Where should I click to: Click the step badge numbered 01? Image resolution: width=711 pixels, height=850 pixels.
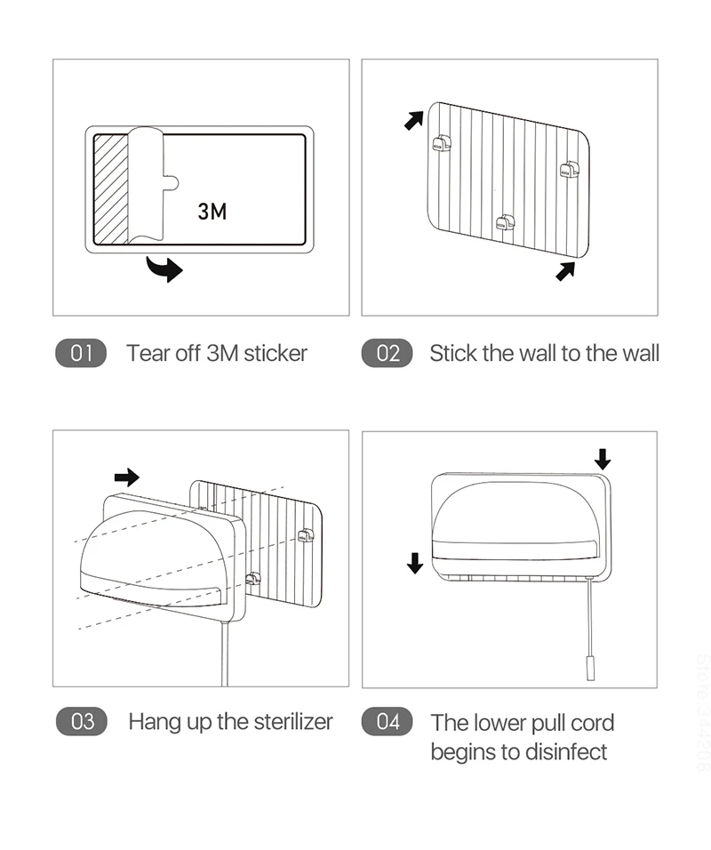pyautogui.click(x=81, y=353)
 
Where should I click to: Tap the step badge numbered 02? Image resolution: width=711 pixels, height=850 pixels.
pyautogui.click(x=387, y=353)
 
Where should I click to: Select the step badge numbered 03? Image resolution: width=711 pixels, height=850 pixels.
pyautogui.click(x=81, y=721)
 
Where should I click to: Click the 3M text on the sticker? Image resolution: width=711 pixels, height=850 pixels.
pyautogui.click(x=212, y=211)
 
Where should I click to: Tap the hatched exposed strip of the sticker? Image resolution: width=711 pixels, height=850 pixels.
pyautogui.click(x=111, y=188)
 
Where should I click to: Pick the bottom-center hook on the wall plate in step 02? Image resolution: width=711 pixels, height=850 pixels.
pyautogui.click(x=505, y=222)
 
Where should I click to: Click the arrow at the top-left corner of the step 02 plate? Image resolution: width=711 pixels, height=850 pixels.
pyautogui.click(x=413, y=119)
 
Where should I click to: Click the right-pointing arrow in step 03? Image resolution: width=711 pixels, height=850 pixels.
pyautogui.click(x=127, y=477)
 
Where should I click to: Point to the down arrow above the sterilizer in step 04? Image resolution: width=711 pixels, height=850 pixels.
pyautogui.click(x=603, y=459)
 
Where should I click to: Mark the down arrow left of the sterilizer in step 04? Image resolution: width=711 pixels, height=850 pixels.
pyautogui.click(x=414, y=563)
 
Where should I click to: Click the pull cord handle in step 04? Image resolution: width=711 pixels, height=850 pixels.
pyautogui.click(x=588, y=668)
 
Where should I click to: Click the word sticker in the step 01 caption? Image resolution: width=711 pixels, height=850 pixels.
pyautogui.click(x=275, y=353)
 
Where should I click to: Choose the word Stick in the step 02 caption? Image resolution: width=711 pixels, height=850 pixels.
pyautogui.click(x=452, y=353)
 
